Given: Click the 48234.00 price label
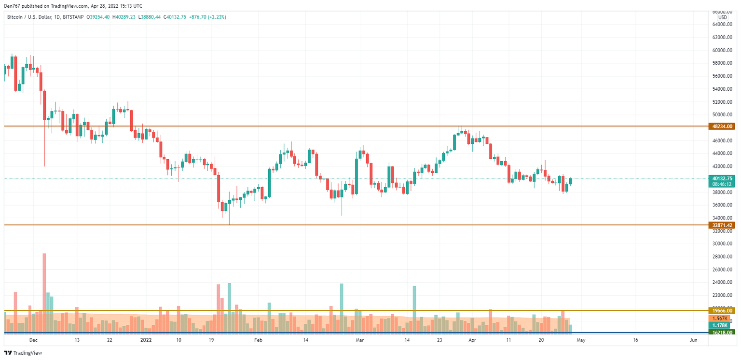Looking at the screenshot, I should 722,126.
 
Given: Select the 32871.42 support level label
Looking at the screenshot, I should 722,225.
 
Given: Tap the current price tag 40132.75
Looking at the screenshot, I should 722,178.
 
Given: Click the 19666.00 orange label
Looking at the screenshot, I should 722,311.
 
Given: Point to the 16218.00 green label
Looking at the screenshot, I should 722,332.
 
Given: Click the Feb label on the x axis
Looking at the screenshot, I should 258,340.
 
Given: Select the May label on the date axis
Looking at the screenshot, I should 581,340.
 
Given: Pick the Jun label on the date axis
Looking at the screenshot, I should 693,340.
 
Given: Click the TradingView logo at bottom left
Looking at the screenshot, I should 24,353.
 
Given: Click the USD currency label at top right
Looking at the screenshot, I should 722,17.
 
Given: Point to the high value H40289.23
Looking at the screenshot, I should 124,17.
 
